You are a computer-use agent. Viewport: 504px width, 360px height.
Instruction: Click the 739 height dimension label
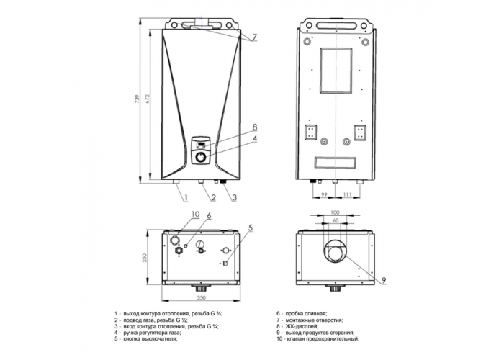138,99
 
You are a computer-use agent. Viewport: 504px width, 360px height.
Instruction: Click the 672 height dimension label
148,99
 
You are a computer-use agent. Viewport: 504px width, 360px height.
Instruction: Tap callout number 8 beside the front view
255,127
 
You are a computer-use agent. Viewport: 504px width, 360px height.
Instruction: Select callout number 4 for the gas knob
255,138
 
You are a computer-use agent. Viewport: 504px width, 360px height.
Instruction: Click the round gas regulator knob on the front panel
201,158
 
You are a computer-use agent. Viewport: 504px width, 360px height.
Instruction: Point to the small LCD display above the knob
201,145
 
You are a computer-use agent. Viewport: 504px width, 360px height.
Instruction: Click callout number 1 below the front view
186,197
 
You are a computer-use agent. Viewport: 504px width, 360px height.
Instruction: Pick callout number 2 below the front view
213,197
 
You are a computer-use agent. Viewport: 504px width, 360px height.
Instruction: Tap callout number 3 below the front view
234,197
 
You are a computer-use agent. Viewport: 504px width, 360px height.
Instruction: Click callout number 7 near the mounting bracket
255,37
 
